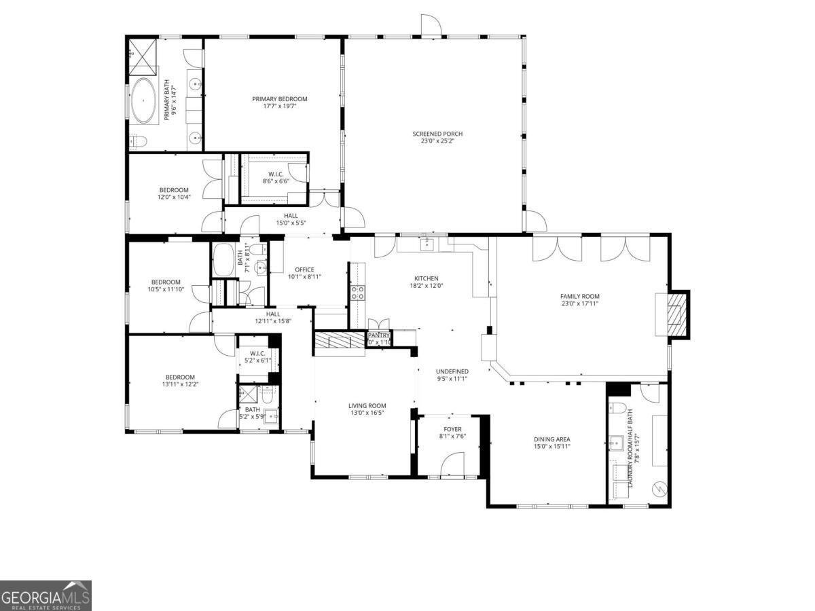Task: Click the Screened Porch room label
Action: tap(433, 134)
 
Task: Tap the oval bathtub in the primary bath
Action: tap(143, 101)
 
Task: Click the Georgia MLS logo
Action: tap(46, 595)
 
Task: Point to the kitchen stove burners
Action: tap(357, 293)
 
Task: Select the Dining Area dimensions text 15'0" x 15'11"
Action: tap(551, 446)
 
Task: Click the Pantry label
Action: tap(378, 335)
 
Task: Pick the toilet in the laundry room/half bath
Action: tap(617, 408)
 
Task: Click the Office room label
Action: tap(304, 270)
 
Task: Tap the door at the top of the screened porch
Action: tap(431, 25)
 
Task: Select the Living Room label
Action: tap(367, 406)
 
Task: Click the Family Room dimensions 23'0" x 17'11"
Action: tap(579, 303)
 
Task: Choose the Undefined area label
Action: tap(452, 371)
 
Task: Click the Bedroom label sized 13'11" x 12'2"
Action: tap(180, 377)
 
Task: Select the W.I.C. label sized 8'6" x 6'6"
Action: tap(276, 174)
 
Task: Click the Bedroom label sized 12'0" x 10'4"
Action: tap(174, 190)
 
